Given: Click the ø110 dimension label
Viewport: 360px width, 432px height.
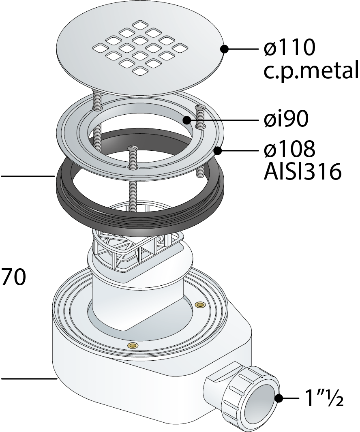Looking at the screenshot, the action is point(289,48).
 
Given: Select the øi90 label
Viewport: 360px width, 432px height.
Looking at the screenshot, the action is point(285,119).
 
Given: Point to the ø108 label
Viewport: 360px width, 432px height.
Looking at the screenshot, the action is point(289,149).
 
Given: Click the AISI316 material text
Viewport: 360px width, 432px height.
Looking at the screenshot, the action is point(303,171).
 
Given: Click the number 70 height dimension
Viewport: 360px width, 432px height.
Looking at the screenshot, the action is point(14,277).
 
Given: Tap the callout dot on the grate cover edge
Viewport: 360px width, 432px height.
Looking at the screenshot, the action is point(224,49).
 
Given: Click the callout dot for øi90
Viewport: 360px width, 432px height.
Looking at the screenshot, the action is point(187,120).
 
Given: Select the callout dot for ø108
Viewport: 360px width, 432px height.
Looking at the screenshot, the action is point(218,151).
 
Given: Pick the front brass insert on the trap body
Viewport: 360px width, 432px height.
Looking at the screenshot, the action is point(133,346).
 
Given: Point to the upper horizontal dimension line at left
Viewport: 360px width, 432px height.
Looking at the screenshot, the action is point(28,176).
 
